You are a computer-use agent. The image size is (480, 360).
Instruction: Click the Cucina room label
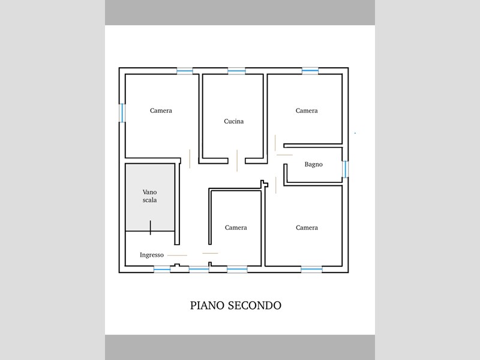point(234,121)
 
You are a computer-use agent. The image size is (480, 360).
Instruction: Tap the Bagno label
point(313,164)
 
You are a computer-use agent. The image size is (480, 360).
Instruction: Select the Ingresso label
point(152,255)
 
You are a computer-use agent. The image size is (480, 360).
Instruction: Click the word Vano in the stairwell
point(149,192)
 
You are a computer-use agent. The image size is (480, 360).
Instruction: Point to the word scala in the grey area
point(149,200)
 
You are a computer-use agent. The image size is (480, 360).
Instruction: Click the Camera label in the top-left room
point(161,110)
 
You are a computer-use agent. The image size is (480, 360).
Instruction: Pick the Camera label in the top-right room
point(307,110)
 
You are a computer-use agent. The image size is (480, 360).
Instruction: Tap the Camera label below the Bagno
point(307,227)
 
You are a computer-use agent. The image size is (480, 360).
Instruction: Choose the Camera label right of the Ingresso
point(236,227)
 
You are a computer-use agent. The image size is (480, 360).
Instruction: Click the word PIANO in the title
point(207,305)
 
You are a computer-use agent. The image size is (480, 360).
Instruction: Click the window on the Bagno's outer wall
point(345,169)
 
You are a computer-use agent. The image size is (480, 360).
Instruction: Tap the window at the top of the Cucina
point(236,71)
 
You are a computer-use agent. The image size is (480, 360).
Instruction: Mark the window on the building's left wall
point(122,113)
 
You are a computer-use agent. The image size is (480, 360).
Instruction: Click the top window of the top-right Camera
point(310,71)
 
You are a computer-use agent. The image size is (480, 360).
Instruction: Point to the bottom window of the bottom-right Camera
point(311,269)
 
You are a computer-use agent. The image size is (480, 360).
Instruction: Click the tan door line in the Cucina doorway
point(237,161)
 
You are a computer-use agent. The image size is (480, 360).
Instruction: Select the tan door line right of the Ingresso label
point(177,256)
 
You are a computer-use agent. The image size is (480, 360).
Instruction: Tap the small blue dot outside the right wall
point(355,133)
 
